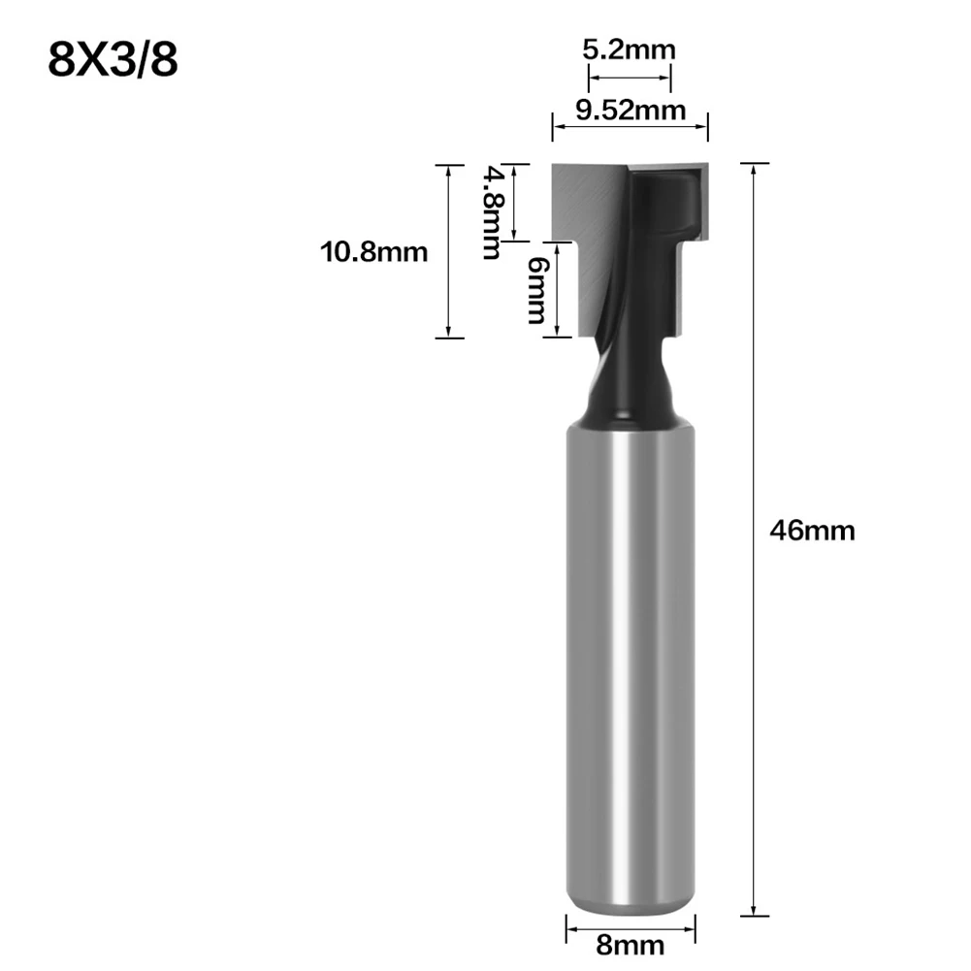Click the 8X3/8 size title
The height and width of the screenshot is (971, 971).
[113, 59]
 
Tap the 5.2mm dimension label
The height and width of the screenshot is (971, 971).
[629, 49]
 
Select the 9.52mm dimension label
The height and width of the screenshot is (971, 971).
[631, 111]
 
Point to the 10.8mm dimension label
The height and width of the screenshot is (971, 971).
[373, 252]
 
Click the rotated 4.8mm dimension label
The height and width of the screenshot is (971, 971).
[494, 211]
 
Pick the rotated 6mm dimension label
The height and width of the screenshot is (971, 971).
[537, 290]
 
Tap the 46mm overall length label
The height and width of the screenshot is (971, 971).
[812, 531]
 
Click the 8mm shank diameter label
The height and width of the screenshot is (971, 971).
[630, 946]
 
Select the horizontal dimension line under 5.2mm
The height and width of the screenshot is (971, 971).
[630, 78]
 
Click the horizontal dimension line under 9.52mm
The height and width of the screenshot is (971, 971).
[630, 126]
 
